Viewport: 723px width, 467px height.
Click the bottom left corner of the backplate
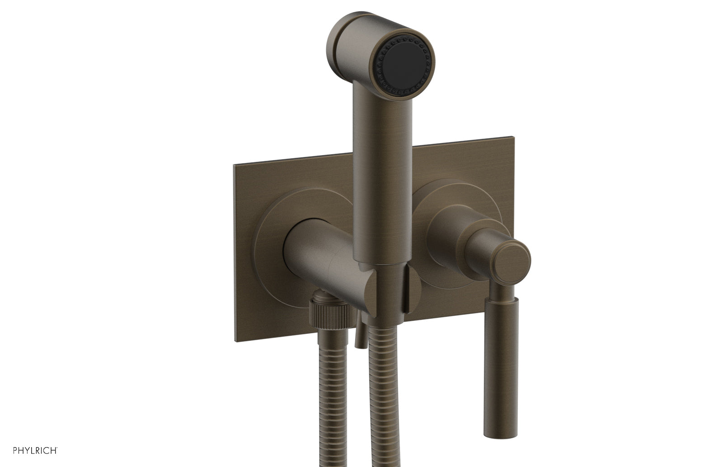click(x=235, y=340)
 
